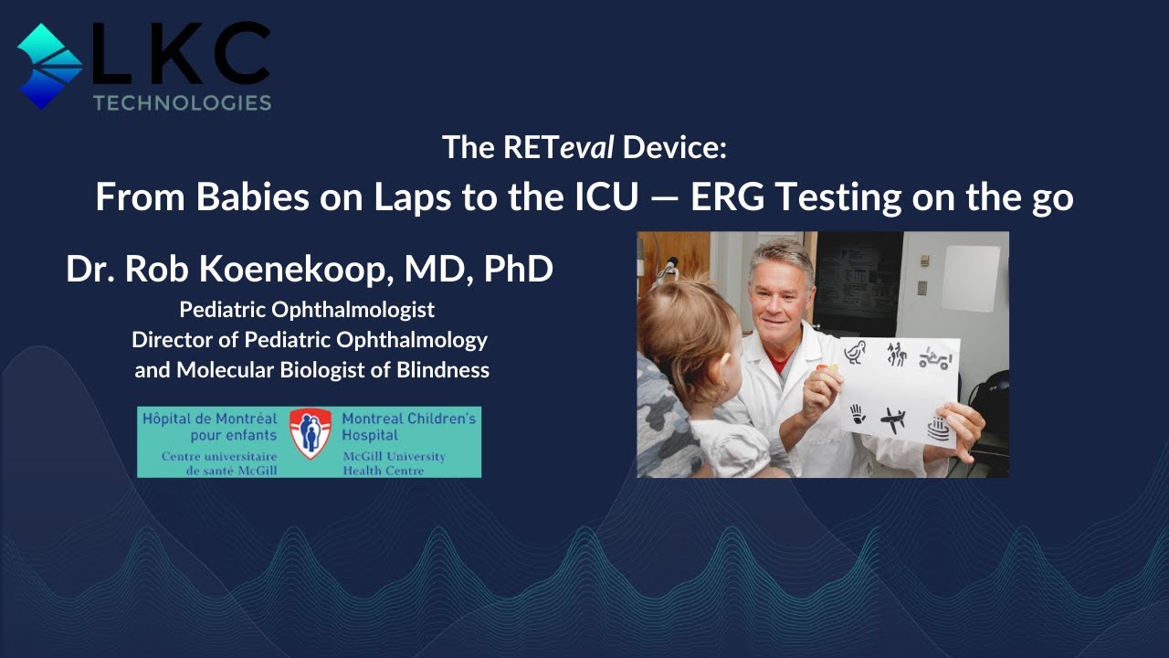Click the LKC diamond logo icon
pos(50,66)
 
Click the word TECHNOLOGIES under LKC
pos(182,102)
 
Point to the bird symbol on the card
pos(855,352)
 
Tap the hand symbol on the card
pos(857,415)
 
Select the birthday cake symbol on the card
pos(939,427)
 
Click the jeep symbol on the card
pos(935,356)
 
